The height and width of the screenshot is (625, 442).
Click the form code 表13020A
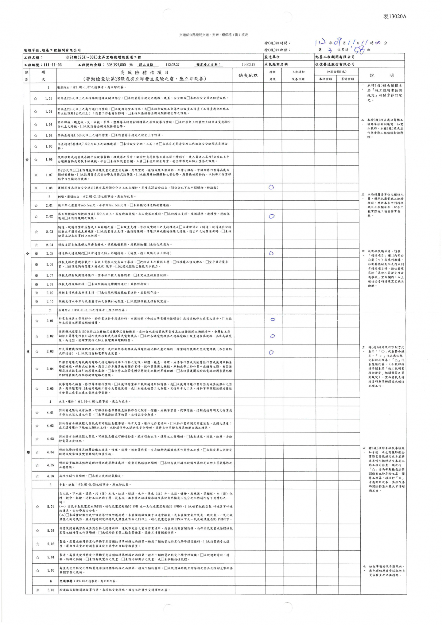394,17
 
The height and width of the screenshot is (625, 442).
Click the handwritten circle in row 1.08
271,187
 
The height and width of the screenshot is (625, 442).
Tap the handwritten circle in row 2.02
272,216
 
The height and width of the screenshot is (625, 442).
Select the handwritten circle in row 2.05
271,253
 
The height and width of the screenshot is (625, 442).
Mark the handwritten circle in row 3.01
273,319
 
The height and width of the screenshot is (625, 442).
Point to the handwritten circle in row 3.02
272,336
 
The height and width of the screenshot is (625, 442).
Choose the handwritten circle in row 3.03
271,352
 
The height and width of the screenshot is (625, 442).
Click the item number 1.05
49,146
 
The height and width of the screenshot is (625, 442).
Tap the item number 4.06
50,476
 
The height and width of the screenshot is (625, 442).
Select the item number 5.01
51,506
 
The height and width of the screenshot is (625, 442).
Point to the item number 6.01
51,590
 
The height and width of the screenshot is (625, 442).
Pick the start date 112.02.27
173,65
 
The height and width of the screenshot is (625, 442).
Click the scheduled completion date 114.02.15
248,65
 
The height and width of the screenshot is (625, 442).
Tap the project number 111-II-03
52,65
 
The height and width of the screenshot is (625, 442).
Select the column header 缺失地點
248,75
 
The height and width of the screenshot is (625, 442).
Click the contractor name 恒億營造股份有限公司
335,64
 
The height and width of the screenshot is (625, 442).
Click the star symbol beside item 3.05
37,388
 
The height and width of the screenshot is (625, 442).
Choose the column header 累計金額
347,79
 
